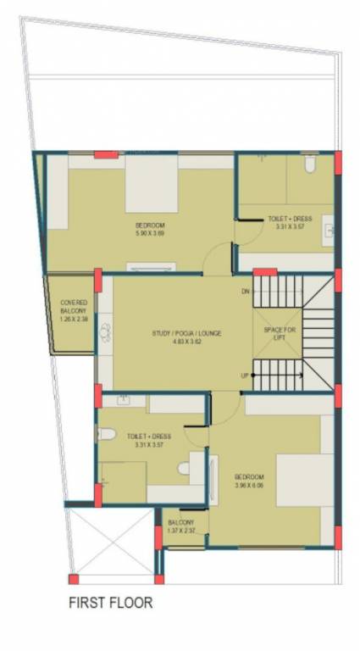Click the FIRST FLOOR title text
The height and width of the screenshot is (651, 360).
point(111,604)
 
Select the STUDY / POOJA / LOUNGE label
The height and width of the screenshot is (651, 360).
point(186,334)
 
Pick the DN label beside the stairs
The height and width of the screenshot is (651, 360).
point(246,292)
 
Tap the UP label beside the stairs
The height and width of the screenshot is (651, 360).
point(245,376)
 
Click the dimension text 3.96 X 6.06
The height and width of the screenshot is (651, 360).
point(249,486)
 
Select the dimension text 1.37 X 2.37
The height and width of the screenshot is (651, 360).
point(181,531)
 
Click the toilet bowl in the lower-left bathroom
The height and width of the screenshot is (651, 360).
point(107,435)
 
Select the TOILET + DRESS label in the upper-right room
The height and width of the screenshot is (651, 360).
point(290,219)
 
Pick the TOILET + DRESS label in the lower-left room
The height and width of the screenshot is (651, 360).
point(149,437)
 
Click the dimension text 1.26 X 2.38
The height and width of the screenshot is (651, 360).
point(74,320)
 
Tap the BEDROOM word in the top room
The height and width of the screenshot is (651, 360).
point(149,225)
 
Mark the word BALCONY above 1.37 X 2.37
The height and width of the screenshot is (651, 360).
point(181,522)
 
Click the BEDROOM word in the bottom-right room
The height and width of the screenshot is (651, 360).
point(249,477)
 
